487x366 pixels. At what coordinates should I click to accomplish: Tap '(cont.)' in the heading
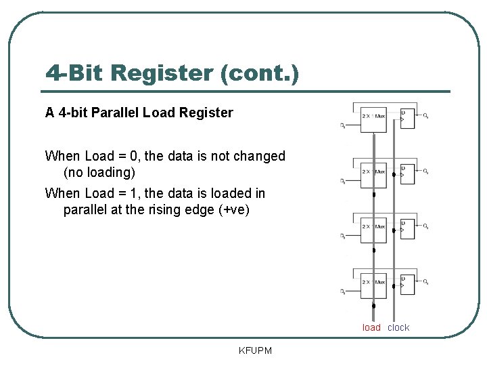point(260,73)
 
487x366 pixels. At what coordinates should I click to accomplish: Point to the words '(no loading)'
point(99,172)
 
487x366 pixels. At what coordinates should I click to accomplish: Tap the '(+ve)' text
point(235,209)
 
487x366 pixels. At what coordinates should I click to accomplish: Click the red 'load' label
point(371,327)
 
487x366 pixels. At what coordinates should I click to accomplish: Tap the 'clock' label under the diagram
point(398,327)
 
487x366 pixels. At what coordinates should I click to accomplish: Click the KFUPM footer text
point(254,350)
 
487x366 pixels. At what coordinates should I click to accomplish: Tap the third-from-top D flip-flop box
point(407,228)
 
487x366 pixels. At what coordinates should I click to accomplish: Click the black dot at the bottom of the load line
point(374,306)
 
